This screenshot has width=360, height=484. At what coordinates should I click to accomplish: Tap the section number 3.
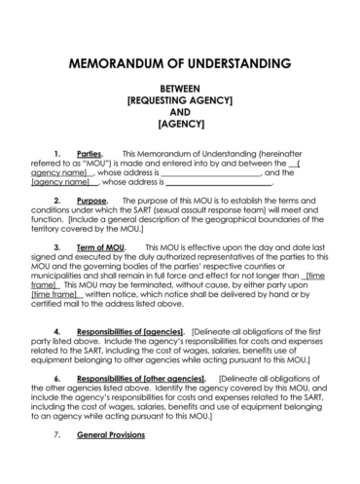[x=58, y=246]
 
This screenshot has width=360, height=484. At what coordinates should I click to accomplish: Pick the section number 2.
[x=58, y=200]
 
